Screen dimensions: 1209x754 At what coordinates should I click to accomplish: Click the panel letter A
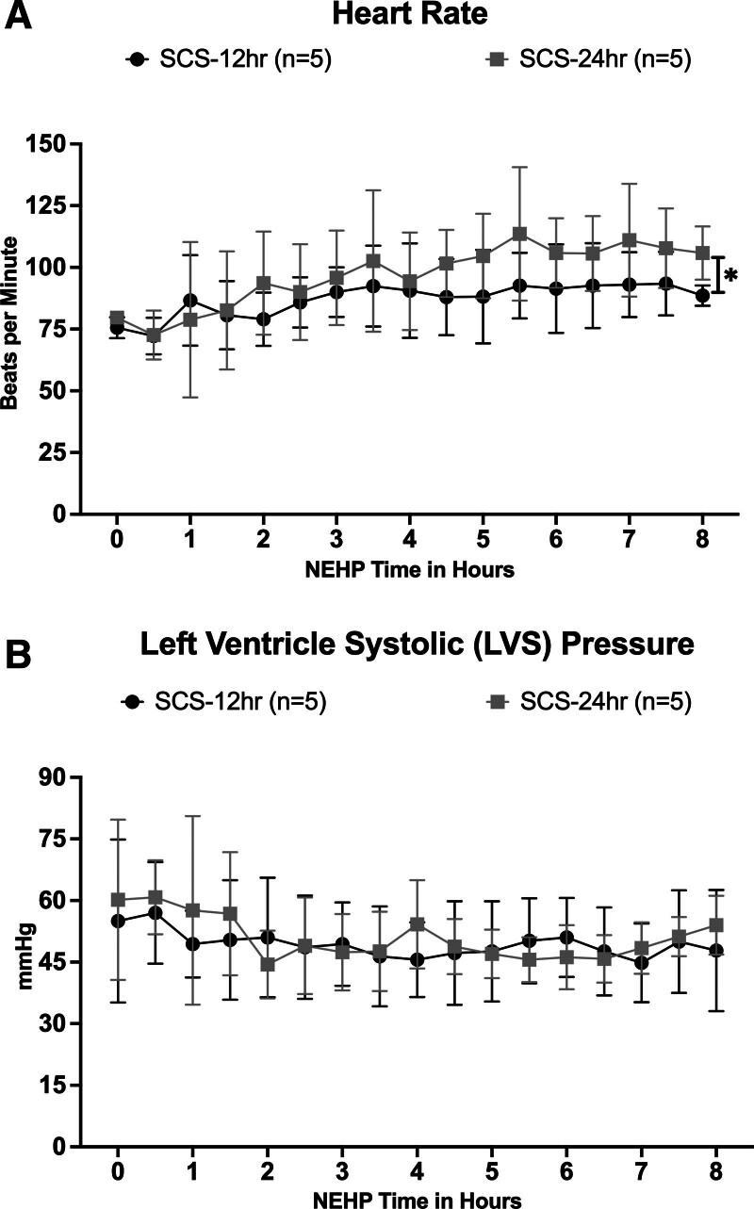click(x=19, y=17)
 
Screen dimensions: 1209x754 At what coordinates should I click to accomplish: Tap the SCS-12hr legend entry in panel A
click(x=230, y=60)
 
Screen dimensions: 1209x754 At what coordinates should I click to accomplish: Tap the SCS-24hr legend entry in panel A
click(x=589, y=60)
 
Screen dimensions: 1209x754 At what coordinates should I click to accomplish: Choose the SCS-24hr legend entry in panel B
click(x=589, y=702)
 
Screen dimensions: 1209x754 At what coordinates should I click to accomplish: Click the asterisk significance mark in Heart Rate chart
click(x=730, y=277)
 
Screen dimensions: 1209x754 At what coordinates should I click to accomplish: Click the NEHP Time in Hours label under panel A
click(x=410, y=571)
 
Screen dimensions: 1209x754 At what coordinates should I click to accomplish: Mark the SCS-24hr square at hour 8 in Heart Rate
click(x=702, y=253)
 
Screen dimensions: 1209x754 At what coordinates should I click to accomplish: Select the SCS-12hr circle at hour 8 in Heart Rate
click(x=702, y=295)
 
